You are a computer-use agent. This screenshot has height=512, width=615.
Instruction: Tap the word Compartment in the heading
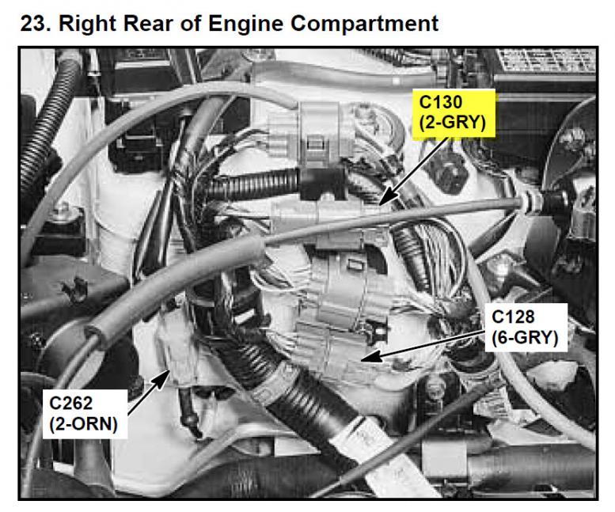[364, 25]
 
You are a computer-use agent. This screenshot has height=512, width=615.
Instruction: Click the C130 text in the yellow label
[440, 102]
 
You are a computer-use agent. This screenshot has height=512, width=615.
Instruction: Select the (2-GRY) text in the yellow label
[452, 123]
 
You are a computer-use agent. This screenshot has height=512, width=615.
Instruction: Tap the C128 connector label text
[513, 317]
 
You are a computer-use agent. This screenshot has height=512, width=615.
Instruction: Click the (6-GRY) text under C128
[525, 338]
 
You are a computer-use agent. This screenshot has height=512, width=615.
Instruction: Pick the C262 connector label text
[71, 404]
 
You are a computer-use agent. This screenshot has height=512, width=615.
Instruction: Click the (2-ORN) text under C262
[84, 424]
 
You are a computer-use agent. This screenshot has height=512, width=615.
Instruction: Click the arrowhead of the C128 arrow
[370, 357]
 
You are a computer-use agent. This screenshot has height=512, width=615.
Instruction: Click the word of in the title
[190, 24]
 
